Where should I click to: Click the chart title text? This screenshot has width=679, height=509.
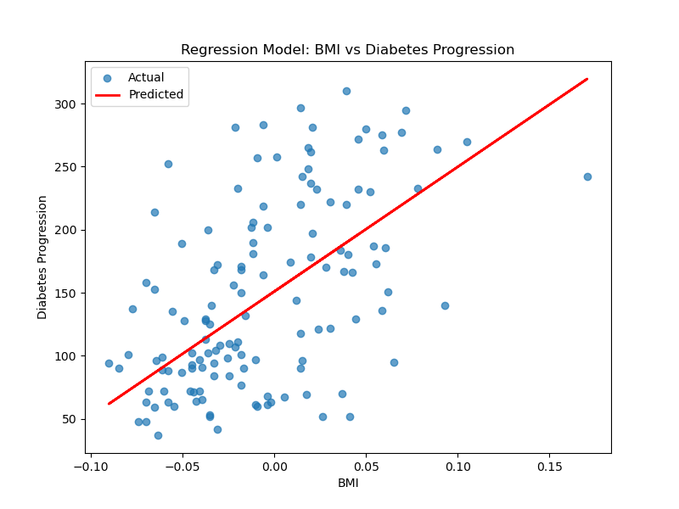coord(347,50)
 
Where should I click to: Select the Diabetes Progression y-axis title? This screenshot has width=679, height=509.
coord(42,257)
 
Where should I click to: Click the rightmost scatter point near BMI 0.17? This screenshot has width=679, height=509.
coord(587,176)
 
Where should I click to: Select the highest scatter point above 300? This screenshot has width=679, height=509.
coord(346,91)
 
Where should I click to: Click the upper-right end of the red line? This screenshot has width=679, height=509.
coord(586,79)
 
